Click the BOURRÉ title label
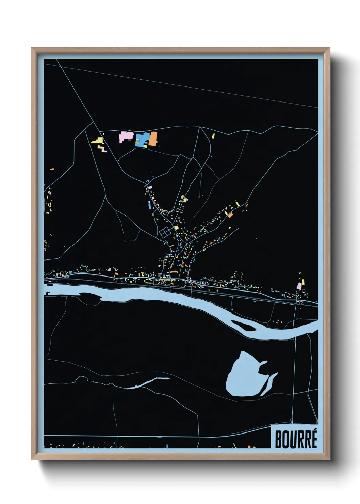tap(295, 439)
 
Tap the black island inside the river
tap(242, 325)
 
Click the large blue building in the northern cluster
tap(142, 139)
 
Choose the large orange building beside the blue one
tap(153, 139)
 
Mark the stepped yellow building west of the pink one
tap(98, 141)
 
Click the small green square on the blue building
tap(138, 140)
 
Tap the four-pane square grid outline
tap(165, 232)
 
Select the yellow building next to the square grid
tap(176, 228)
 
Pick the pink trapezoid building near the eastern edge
tap(299, 286)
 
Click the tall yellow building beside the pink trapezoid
tap(303, 282)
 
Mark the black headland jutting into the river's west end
tap(90, 296)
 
